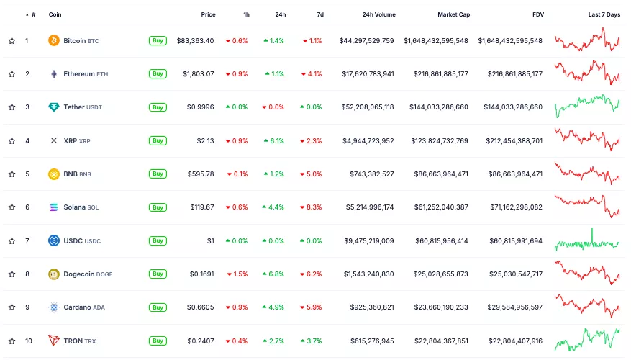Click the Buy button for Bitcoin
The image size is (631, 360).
[x=158, y=41]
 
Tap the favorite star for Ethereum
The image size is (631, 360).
[x=12, y=74]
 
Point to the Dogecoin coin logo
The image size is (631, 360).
[x=53, y=274]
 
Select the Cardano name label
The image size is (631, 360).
[x=77, y=307]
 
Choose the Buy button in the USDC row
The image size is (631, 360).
[x=158, y=241]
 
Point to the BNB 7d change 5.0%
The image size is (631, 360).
[x=312, y=174]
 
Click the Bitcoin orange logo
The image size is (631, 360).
[x=53, y=41]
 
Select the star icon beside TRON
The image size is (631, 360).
[x=12, y=341]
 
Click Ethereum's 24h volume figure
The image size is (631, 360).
[x=367, y=74]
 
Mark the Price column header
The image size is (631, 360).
[x=208, y=14]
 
